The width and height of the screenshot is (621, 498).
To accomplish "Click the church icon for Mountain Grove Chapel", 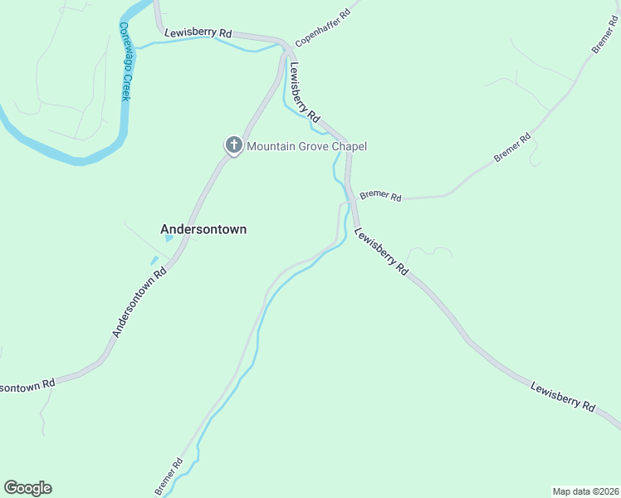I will point(233,146).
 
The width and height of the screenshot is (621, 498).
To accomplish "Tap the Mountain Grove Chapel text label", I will point(307,147).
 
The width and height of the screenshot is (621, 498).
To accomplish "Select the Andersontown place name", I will point(203,229).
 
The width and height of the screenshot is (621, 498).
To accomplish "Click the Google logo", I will point(27,488).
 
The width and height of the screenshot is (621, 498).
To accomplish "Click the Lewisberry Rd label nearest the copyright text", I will point(564,397).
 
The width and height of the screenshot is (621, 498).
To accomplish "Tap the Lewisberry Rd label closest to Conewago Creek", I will point(198,32).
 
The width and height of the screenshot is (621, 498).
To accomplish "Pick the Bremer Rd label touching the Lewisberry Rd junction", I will point(381,197).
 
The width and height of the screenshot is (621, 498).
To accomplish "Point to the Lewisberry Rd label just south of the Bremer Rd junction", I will point(381,251).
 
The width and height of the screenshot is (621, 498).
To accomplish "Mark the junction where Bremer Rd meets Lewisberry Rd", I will point(351,199).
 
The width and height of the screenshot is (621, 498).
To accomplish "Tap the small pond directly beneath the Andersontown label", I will point(169,239).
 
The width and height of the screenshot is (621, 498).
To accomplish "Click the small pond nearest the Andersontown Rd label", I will point(154,261).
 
